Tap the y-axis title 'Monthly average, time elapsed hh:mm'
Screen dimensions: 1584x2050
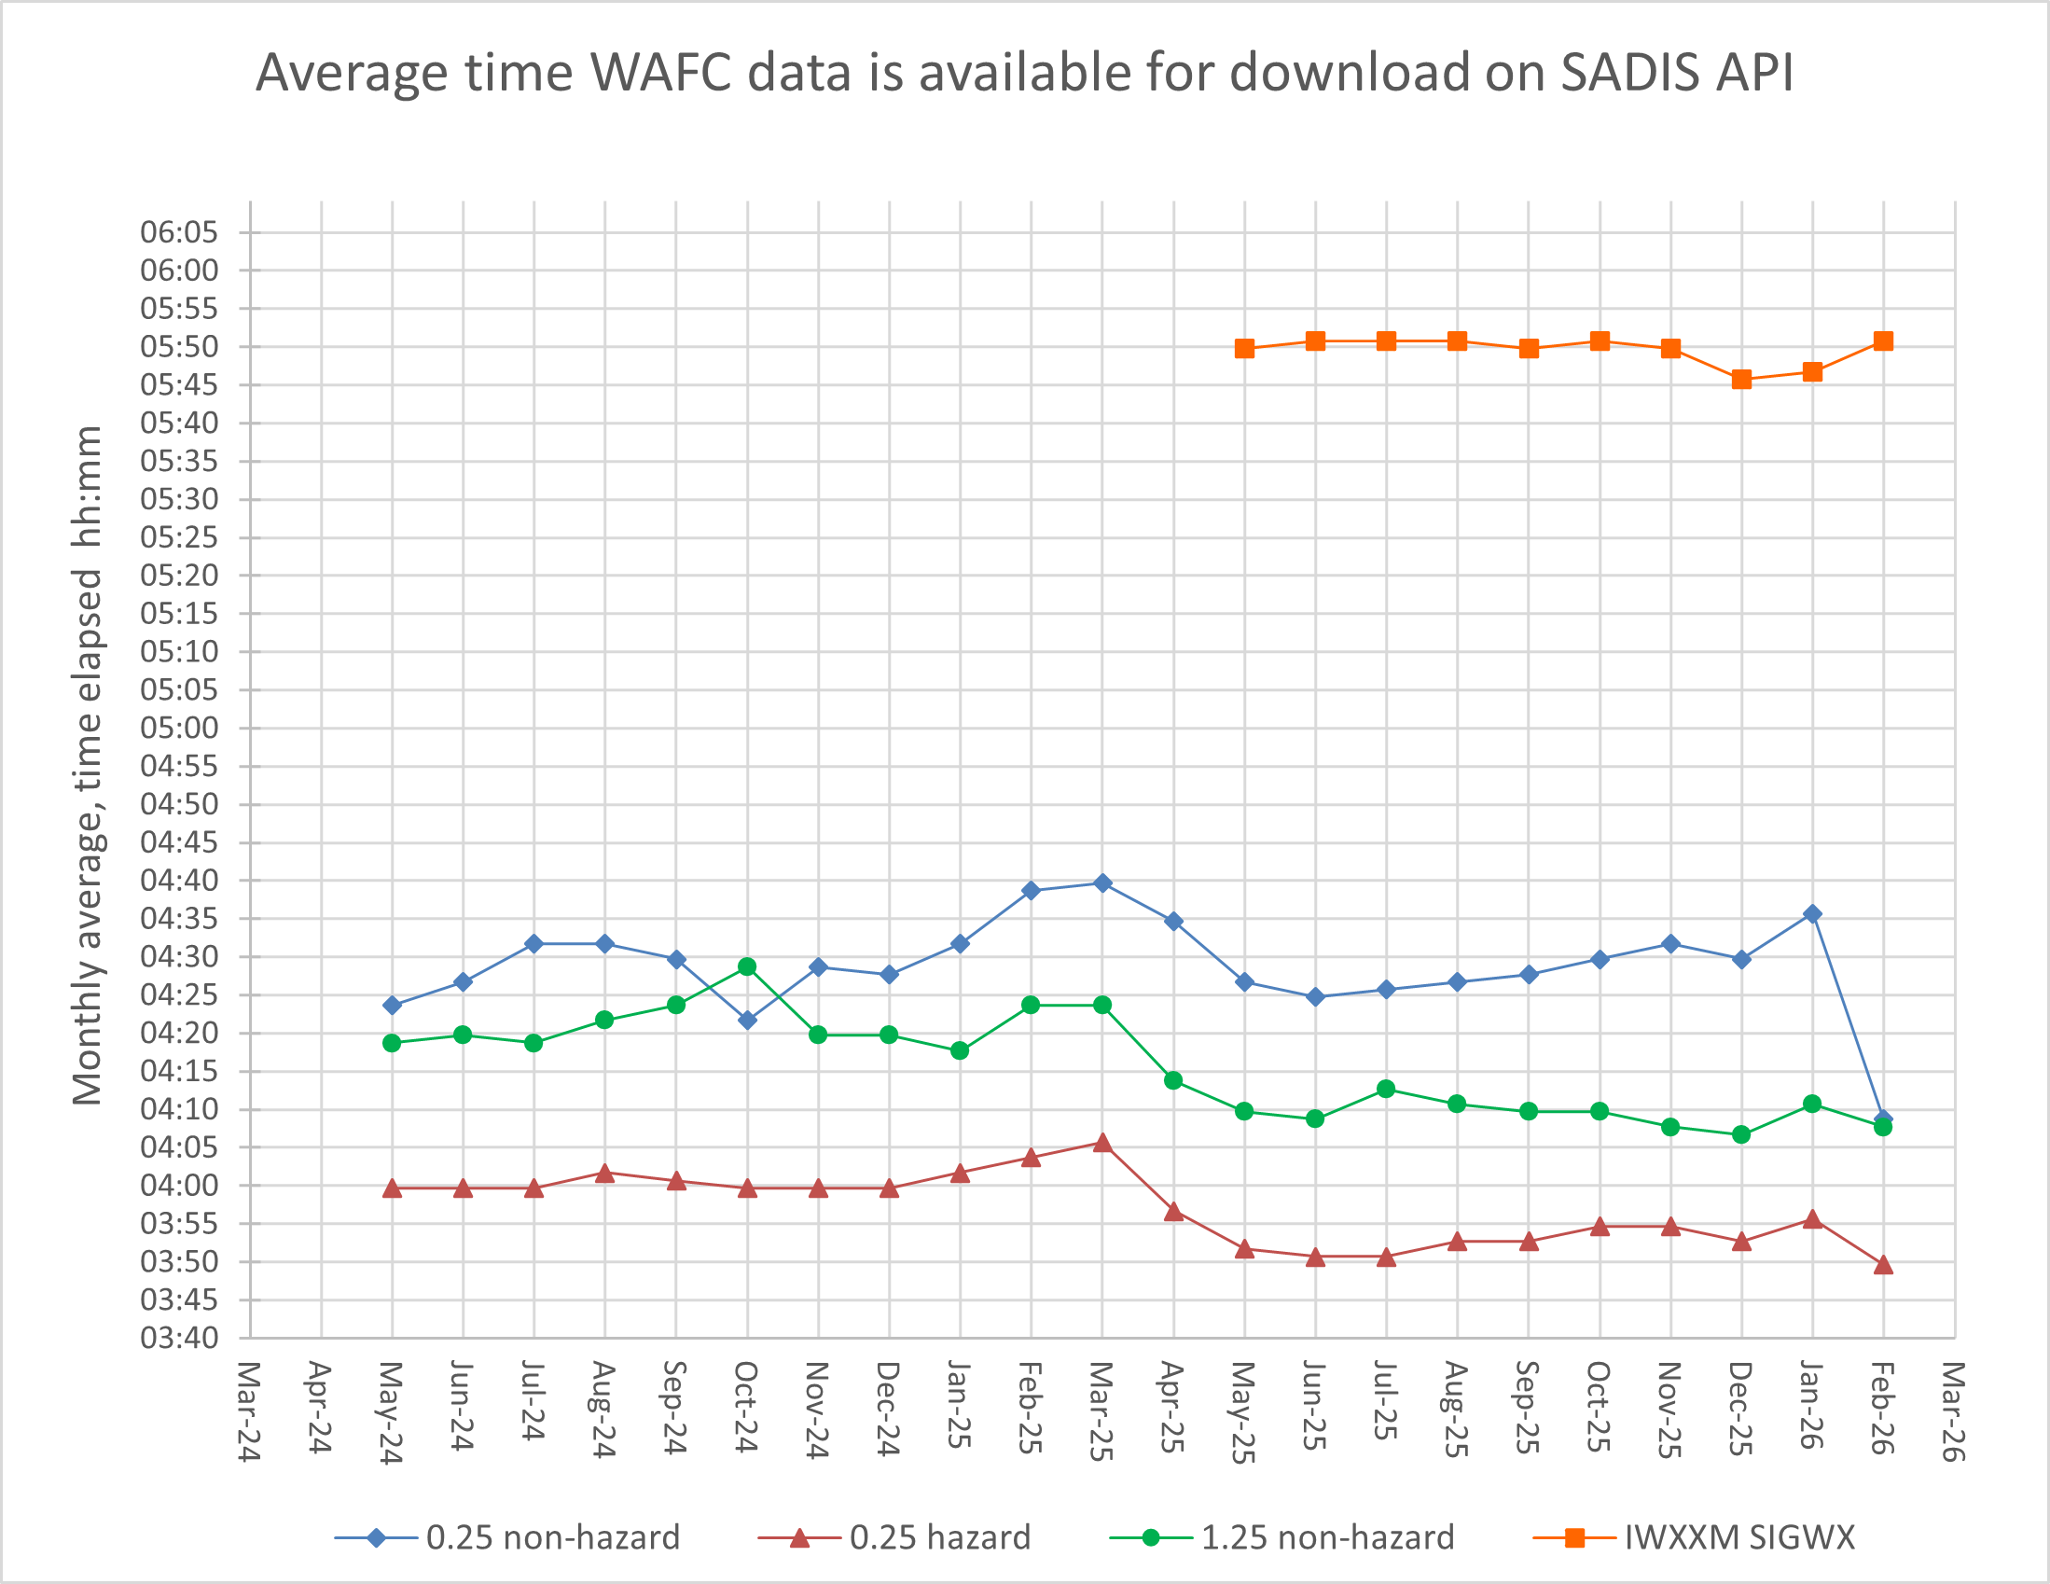[88, 765]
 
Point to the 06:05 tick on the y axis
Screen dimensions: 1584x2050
[178, 232]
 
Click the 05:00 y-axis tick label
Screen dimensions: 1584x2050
[178, 728]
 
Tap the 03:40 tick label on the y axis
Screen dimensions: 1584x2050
[178, 1337]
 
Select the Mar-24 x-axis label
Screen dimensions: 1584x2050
[248, 1411]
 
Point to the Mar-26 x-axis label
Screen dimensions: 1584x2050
[1952, 1411]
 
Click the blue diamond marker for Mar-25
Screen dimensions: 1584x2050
[1102, 882]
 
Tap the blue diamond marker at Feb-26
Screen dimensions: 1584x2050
[1883, 1119]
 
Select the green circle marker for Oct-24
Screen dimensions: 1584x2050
[747, 966]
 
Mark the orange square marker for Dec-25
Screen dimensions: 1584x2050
[1741, 380]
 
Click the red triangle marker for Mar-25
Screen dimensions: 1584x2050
[1102, 1143]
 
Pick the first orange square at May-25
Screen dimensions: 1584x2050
[1244, 348]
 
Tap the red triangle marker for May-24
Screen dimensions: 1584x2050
[393, 1188]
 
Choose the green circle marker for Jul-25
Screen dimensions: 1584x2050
[1386, 1089]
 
